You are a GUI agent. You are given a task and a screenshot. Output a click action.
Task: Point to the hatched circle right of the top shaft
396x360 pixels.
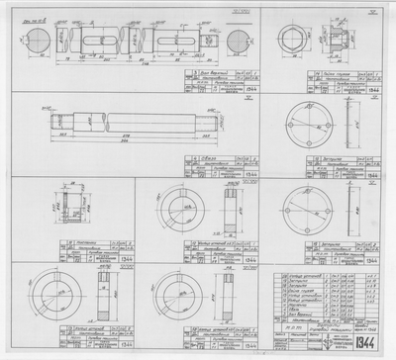pyautogui.click(x=239, y=46)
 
